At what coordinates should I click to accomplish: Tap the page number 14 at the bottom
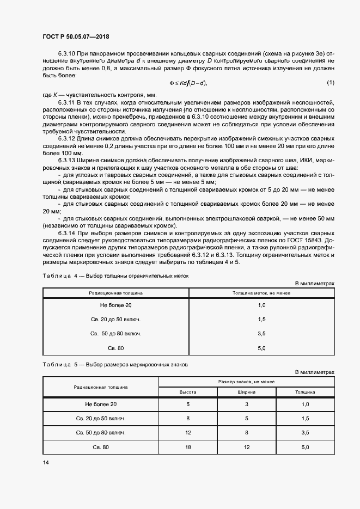coord(45,462)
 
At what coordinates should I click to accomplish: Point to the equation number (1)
coord(330,82)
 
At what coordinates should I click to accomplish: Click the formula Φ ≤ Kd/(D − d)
coord(188,83)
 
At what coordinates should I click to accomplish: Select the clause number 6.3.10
coord(68,54)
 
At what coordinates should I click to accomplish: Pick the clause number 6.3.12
coord(68,139)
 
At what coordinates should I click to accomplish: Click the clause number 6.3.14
coord(68,232)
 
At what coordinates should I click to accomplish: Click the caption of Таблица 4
coord(115,276)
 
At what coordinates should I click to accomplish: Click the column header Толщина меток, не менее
coord(261,293)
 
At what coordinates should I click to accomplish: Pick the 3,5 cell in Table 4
coord(261,333)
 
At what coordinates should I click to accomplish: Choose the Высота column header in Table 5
coord(188,391)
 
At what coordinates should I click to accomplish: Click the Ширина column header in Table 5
coord(246,391)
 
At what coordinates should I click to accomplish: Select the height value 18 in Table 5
coord(188,447)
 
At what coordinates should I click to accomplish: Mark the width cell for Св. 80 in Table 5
coord(246,447)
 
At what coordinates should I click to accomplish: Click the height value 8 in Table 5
coord(188,419)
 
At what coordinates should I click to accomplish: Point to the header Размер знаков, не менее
coord(246,382)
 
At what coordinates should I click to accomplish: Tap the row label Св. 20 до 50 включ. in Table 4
coord(116,319)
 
